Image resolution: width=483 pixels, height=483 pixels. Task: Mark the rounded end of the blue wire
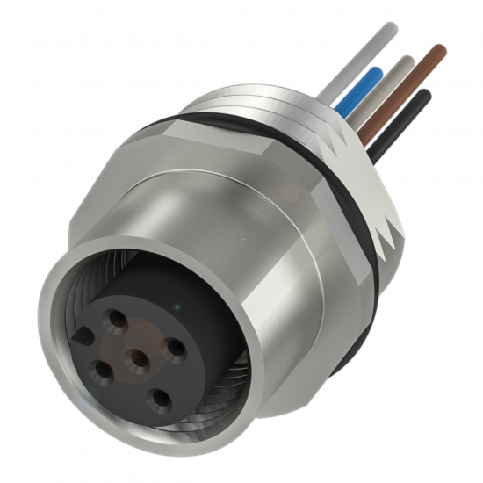pos(377,69)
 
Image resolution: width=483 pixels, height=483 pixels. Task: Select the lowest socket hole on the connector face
pos(162,397)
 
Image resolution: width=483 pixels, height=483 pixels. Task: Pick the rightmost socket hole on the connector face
pos(177,348)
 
